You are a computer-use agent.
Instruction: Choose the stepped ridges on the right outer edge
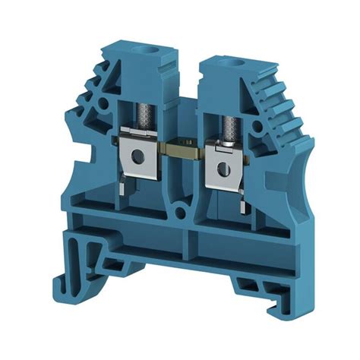pos(277,106)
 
